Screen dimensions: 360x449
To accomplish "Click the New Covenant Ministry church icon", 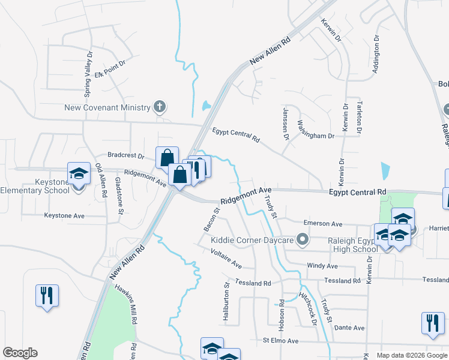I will pyautogui.click(x=159, y=107).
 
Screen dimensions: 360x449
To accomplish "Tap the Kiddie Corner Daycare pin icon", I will pyautogui.click(x=303, y=241).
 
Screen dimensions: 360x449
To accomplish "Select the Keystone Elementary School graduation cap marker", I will pyautogui.click(x=77, y=173).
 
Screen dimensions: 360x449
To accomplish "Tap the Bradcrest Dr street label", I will pyautogui.click(x=126, y=156).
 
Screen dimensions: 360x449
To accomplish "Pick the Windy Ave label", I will pyautogui.click(x=322, y=266).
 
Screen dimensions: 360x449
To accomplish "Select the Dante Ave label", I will pyautogui.click(x=350, y=328).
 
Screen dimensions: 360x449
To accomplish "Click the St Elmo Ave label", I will pyautogui.click(x=280, y=341).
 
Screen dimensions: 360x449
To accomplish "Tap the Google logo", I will pyautogui.click(x=20, y=353).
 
